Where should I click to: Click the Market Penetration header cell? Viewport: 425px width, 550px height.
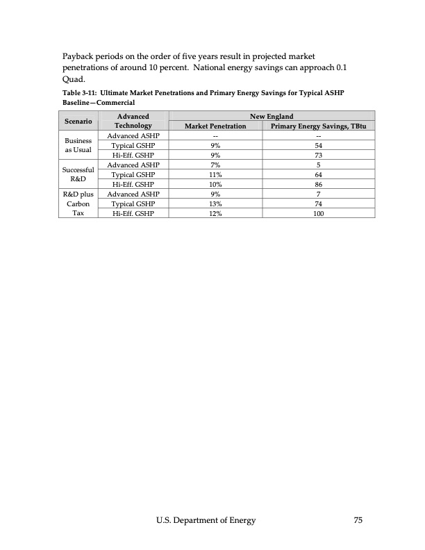(215, 126)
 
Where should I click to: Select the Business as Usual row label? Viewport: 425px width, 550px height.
(78, 145)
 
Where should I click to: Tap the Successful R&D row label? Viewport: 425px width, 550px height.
(78, 174)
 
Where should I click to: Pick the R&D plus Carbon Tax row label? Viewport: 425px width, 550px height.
(78, 204)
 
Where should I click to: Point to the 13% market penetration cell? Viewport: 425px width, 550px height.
(215, 205)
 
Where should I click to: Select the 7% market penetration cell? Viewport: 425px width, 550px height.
(215, 165)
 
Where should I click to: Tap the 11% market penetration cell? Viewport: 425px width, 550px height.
(215, 175)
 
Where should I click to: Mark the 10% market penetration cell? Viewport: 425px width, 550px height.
(215, 185)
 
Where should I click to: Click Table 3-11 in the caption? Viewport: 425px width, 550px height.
(81, 93)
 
